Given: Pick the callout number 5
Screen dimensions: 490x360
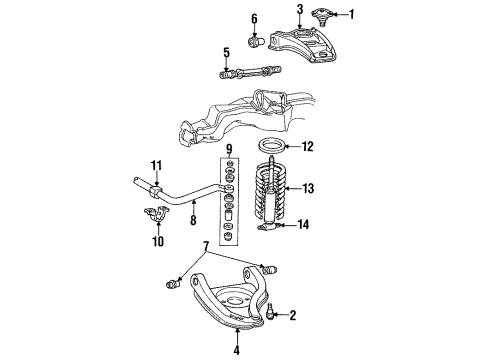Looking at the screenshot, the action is [x=226, y=53].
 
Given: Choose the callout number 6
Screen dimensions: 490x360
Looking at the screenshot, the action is [x=253, y=18].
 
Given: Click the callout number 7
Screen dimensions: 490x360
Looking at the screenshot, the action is [x=206, y=245].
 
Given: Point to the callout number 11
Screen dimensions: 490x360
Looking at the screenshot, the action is [x=155, y=164].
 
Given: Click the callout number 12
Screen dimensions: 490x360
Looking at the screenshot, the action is [x=308, y=147].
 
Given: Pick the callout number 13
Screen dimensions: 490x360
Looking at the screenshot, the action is [x=308, y=187].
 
